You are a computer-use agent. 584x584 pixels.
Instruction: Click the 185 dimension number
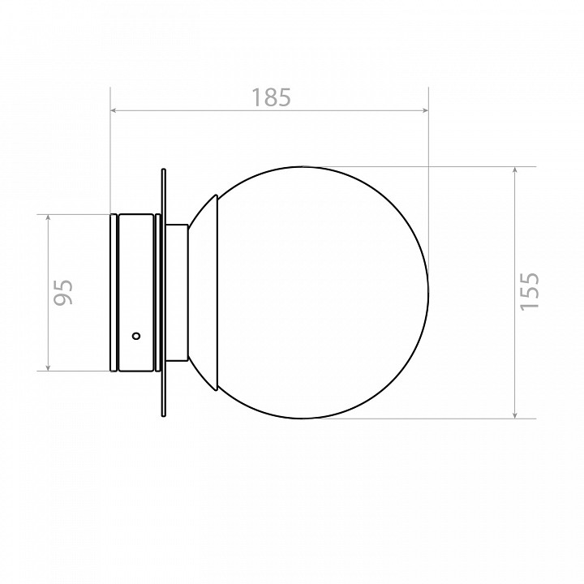(271, 97)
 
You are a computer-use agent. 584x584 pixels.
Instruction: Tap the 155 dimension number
(529, 291)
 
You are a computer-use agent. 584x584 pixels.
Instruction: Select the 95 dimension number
(63, 292)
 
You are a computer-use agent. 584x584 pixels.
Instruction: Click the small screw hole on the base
(136, 336)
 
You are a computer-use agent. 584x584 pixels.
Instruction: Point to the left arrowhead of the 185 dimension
(114, 110)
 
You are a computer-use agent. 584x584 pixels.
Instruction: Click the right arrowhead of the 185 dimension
(424, 110)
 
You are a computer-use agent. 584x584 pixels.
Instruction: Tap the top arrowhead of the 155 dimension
(515, 170)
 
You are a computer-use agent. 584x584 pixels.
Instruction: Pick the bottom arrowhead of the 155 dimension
(515, 414)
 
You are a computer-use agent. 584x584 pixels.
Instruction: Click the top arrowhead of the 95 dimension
(48, 219)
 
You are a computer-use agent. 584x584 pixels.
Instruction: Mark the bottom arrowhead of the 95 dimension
(48, 367)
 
